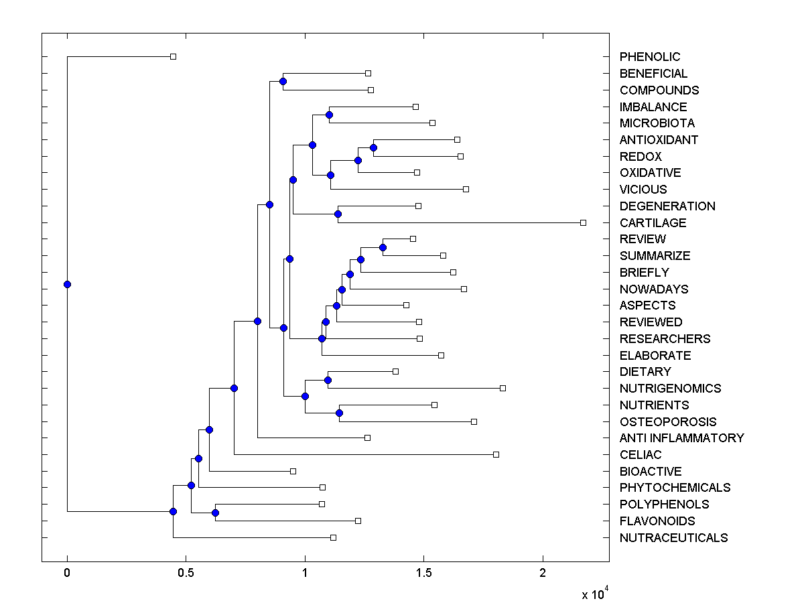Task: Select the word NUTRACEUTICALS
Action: (673, 538)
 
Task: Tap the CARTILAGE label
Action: (653, 223)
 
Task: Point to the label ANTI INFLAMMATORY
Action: (681, 438)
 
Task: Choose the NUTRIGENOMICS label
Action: (670, 389)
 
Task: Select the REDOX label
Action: (640, 157)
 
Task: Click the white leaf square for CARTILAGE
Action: (583, 222)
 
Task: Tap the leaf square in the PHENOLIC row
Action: (173, 57)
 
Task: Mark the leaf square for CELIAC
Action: (496, 454)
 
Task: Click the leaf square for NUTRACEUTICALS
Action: (333, 537)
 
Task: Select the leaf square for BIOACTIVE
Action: (293, 471)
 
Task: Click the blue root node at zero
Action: (67, 284)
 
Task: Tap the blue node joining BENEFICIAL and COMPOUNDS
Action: (283, 81)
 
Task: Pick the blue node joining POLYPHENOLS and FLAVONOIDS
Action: (215, 513)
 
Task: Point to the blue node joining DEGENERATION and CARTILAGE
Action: (338, 214)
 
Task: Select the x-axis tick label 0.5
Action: (186, 574)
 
